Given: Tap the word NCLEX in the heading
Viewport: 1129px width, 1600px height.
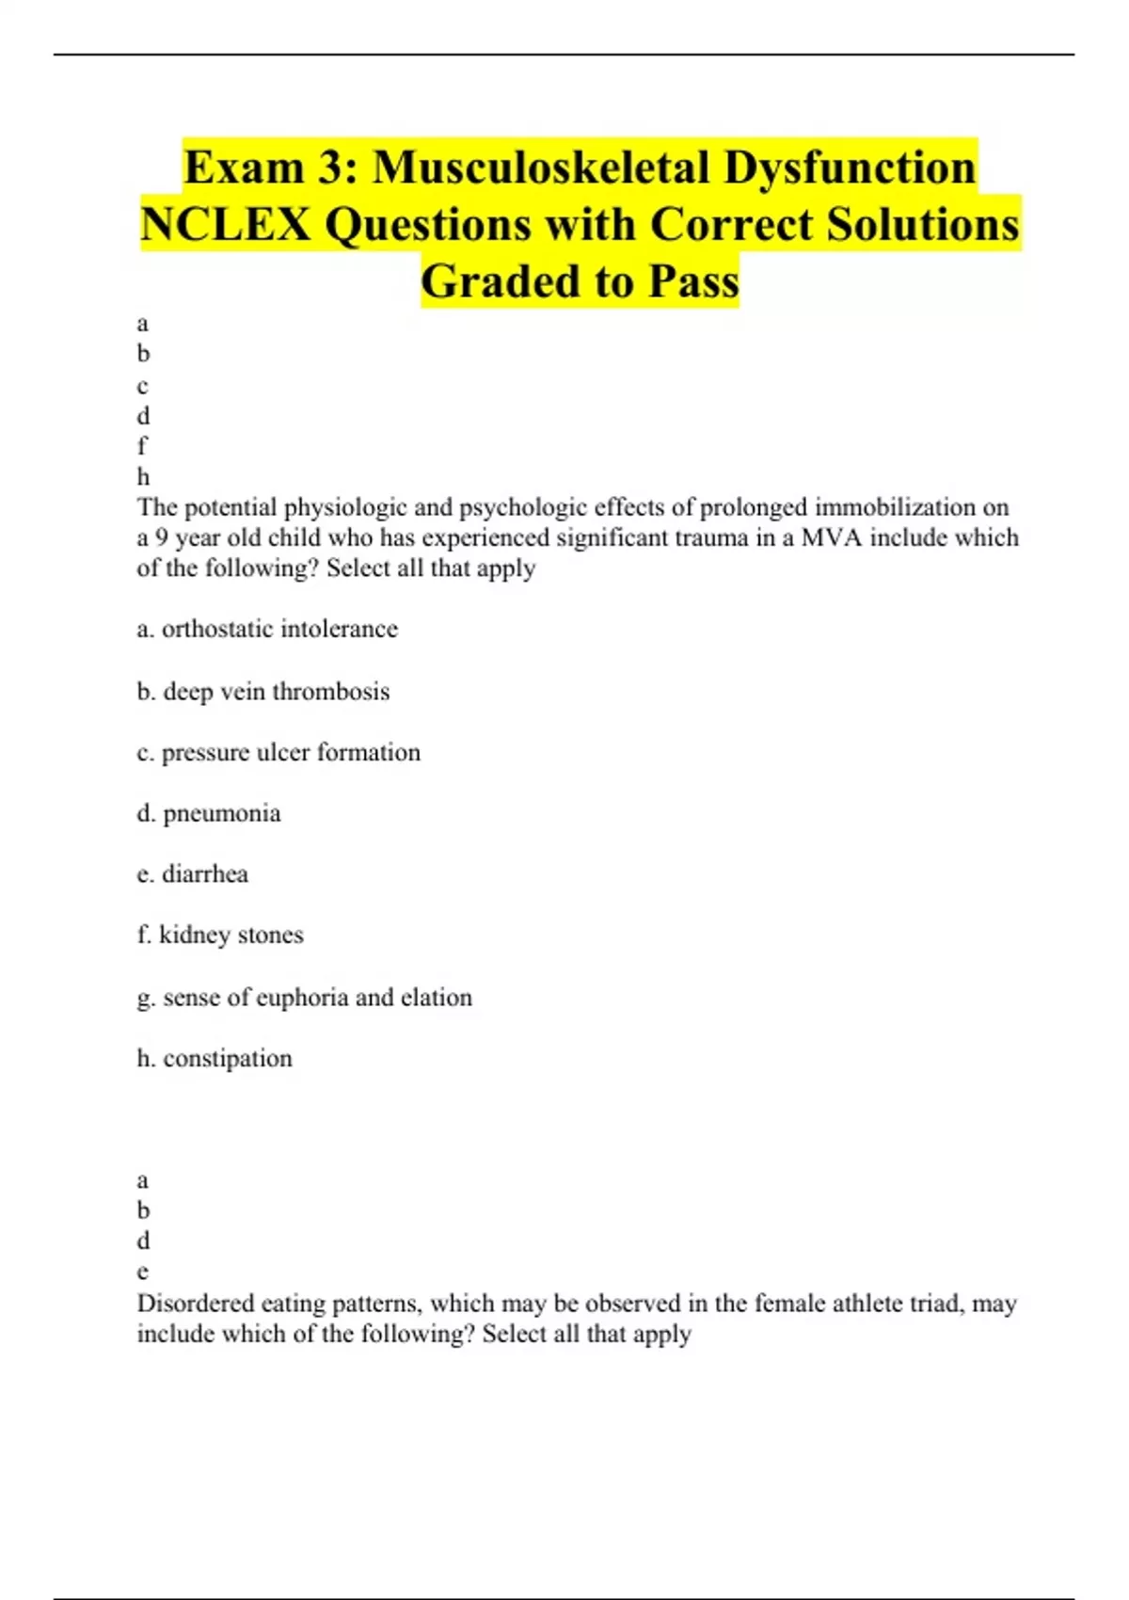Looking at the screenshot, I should (225, 226).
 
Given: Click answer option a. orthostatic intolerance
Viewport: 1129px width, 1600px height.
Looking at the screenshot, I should (267, 629).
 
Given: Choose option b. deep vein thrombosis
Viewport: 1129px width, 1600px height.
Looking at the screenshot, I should (263, 692).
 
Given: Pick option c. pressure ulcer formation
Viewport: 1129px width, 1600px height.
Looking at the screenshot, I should (278, 753).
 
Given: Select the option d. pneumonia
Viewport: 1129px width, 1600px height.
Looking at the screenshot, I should (209, 813).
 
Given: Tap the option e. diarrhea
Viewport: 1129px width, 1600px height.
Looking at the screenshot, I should (193, 874).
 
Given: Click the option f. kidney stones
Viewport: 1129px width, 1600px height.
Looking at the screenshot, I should (220, 936).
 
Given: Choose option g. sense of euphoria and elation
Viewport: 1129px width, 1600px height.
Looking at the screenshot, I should (304, 998).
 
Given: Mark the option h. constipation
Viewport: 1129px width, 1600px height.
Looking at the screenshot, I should (215, 1059).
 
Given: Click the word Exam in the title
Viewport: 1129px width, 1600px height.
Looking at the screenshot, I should (243, 168).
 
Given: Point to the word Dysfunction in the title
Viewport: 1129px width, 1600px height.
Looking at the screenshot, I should (850, 168).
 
